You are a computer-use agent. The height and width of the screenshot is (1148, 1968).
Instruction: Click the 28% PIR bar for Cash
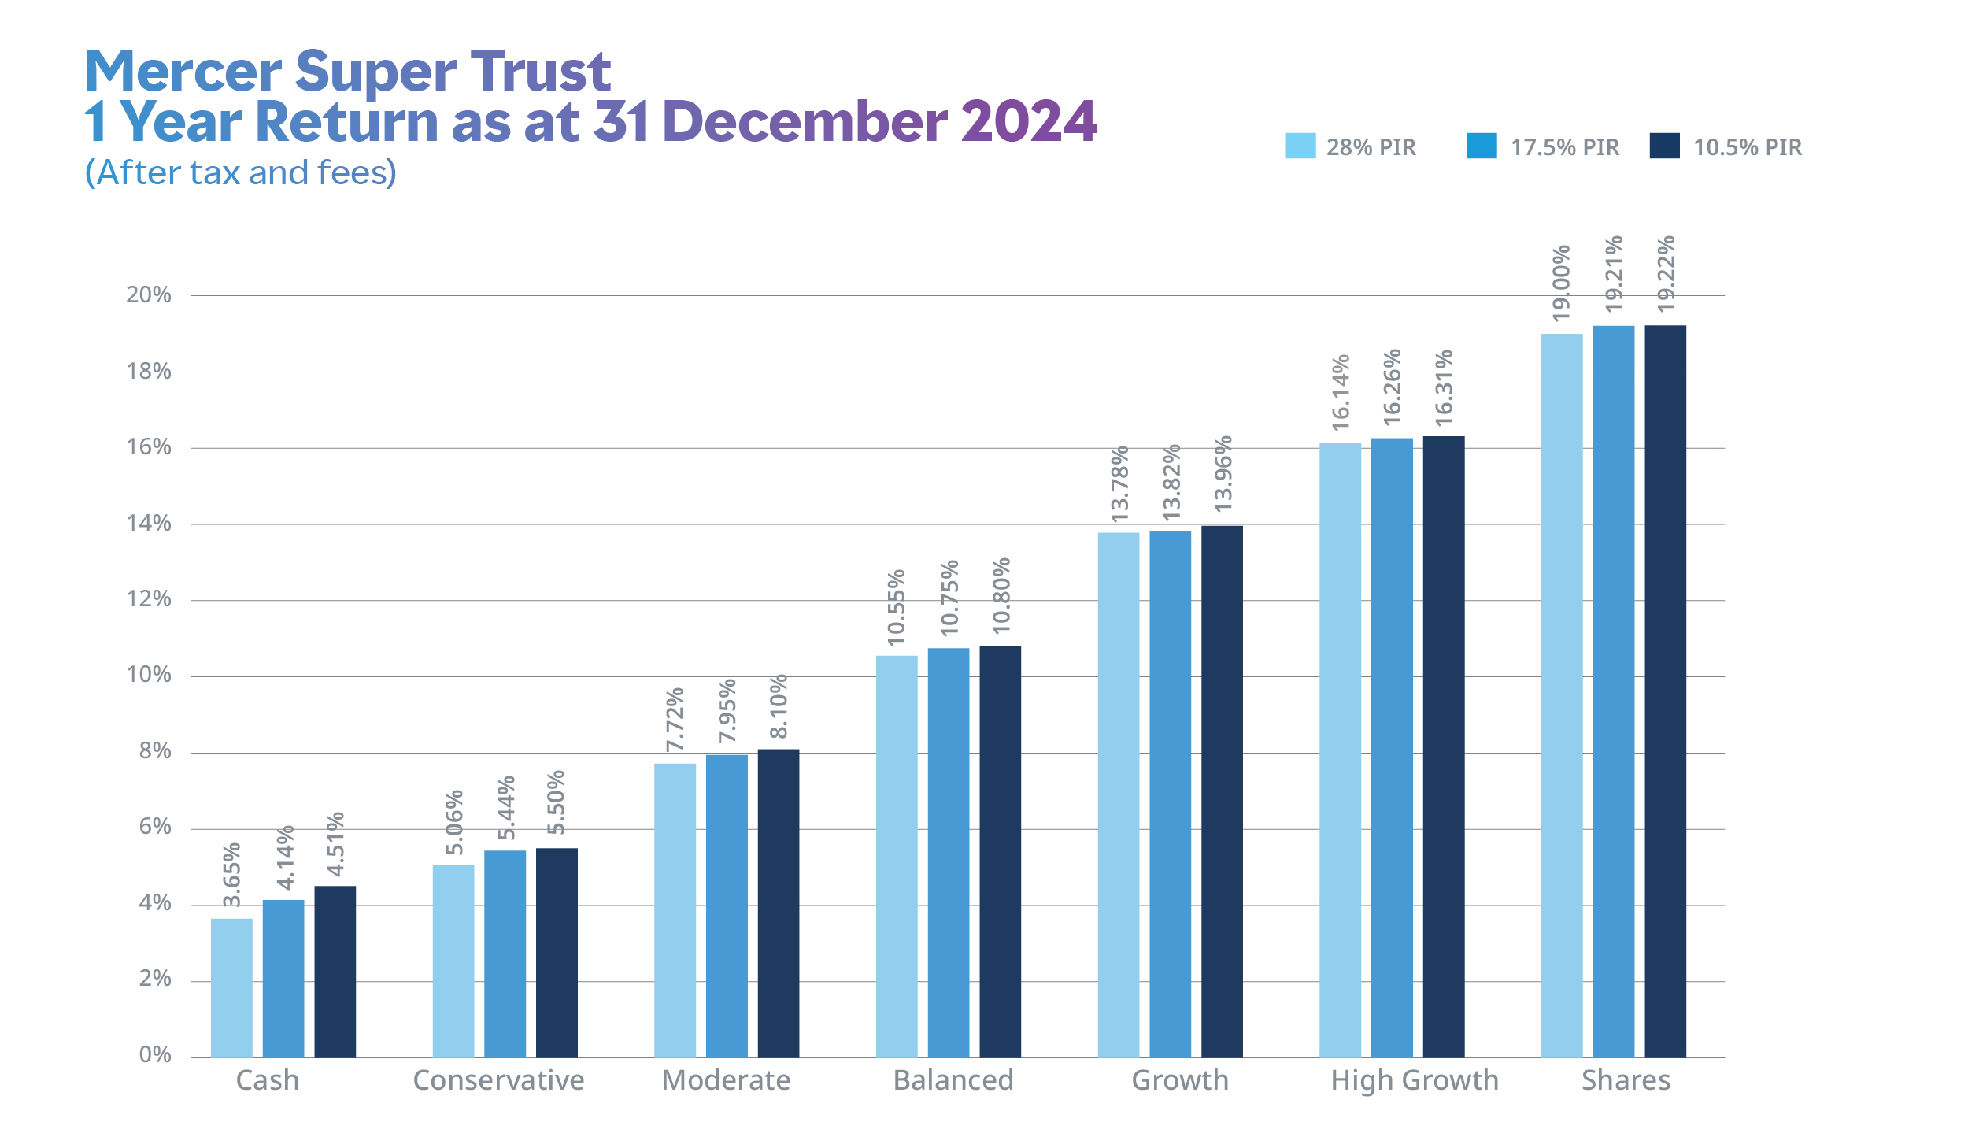point(231,987)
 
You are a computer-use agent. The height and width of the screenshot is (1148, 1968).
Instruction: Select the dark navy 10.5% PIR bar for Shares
point(1665,691)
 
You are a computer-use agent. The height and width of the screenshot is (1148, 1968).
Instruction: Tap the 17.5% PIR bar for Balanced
point(948,852)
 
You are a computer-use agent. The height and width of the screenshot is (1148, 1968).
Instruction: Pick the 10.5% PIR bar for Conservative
point(557,952)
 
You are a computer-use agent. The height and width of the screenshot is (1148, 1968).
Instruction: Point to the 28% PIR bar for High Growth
point(1340,750)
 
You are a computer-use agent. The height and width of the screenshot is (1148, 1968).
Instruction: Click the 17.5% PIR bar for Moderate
point(727,905)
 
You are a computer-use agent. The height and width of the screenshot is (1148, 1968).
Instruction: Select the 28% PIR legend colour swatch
point(1300,146)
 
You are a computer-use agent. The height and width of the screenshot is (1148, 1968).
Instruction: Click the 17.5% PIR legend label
point(1564,147)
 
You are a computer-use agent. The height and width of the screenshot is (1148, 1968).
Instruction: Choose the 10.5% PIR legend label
point(1747,147)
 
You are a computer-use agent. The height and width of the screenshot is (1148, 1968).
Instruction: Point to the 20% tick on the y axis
point(149,295)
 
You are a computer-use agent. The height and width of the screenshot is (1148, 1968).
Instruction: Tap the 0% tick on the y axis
point(155,1055)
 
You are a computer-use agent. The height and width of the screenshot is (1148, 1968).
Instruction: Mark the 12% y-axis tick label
point(149,599)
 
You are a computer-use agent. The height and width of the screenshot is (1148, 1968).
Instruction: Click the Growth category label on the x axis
point(1179,1080)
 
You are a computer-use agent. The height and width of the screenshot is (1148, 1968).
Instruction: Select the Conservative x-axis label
point(498,1080)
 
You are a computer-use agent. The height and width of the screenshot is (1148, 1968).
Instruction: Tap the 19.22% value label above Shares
point(1666,273)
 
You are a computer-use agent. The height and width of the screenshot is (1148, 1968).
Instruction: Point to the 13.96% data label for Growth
point(1223,474)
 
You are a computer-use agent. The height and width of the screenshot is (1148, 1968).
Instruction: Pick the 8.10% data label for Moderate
point(778,706)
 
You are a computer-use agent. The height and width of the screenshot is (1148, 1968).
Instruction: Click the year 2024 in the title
point(1028,122)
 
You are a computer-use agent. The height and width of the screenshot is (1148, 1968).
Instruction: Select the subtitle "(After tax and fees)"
point(241,172)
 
